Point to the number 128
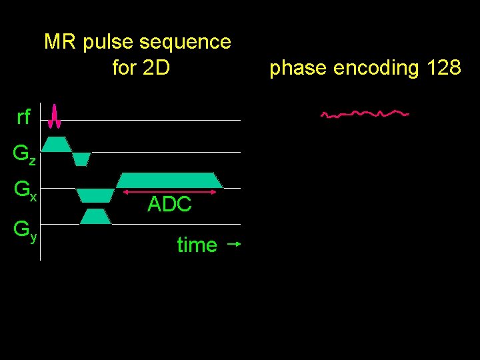pos(442,67)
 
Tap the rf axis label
pos(23,118)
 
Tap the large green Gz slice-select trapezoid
pos(57,144)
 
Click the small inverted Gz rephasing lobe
pos(81,159)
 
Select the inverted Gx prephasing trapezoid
pos(95,195)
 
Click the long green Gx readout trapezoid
pos(169,180)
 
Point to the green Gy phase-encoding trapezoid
pos(95,216)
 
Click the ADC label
pos(169,205)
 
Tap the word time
pos(197,245)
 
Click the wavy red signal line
pos(364,113)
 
